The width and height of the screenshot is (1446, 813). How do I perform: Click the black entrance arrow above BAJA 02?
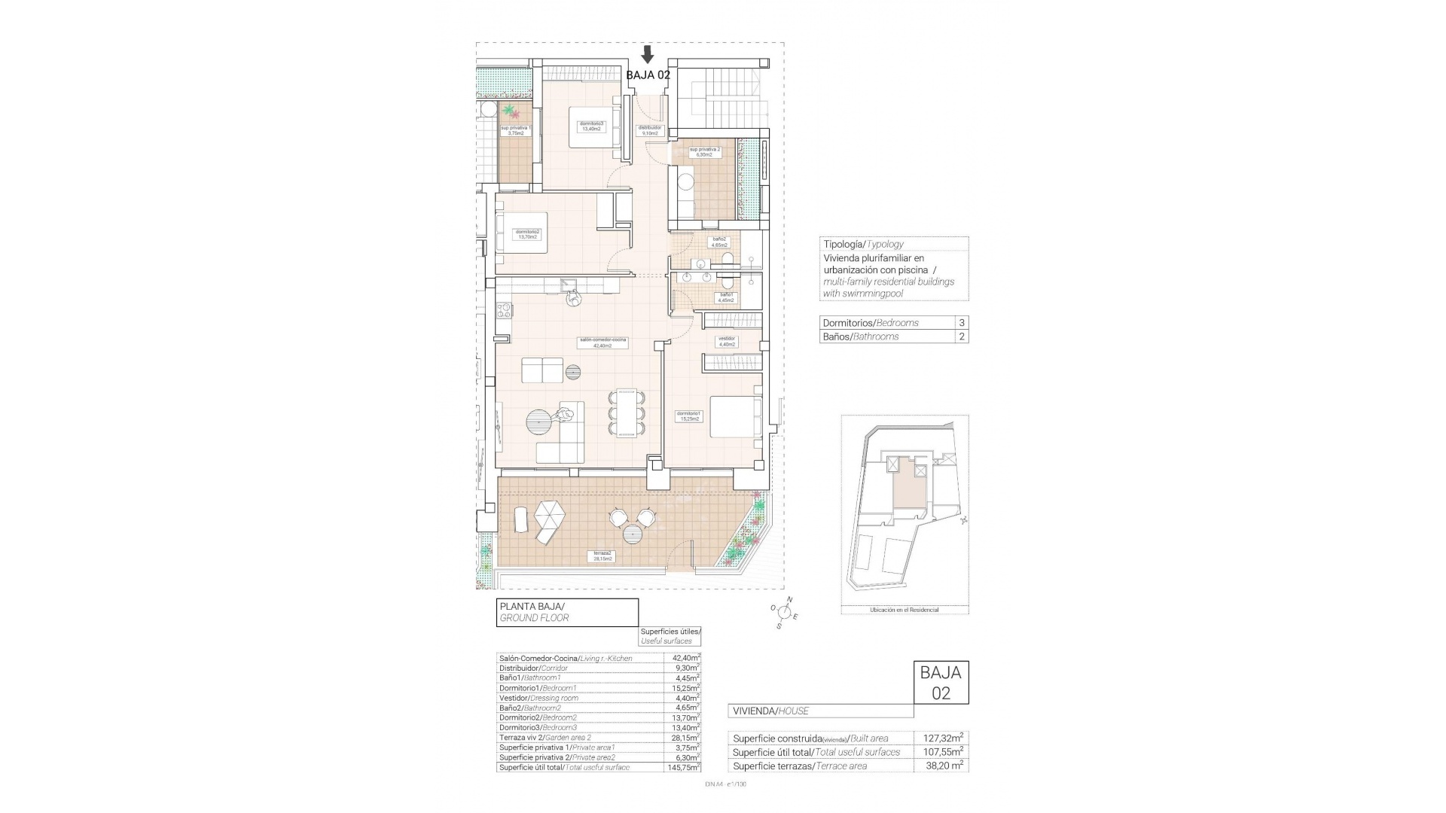coord(647,54)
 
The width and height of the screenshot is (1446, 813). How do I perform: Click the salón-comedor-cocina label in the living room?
coord(603,343)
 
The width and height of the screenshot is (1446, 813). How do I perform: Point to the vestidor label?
coord(726,341)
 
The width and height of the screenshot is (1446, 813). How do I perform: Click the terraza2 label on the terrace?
coord(602,556)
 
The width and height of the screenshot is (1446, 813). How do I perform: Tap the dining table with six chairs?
coord(626,412)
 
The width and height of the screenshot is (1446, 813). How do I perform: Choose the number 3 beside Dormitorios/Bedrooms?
coord(961,322)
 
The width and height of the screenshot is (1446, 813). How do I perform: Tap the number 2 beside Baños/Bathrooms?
coord(961,336)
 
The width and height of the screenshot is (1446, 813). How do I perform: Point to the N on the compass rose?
coord(789,600)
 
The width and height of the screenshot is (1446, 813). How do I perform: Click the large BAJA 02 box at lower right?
coord(941,682)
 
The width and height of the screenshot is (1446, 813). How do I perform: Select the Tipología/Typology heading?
coord(863,244)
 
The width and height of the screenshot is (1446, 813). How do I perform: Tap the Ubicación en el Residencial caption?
coord(904,610)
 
